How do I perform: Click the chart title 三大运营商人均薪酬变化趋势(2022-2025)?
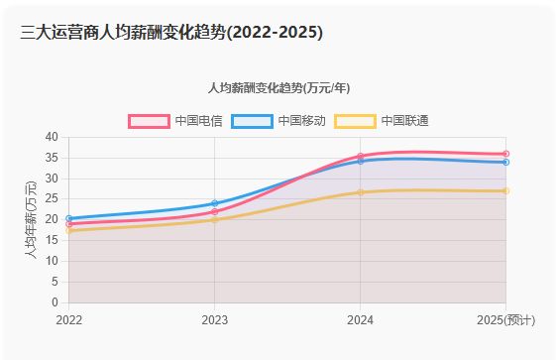pos(171,33)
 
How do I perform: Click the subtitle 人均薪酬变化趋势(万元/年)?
pos(278,88)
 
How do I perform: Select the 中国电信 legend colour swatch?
pos(149,121)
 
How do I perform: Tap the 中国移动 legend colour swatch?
pos(252,121)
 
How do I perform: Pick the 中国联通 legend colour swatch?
pos(355,121)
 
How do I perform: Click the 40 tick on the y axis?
pos(52,137)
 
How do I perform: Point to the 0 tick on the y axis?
pos(55,302)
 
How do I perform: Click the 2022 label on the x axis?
pos(69,319)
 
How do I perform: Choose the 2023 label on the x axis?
pos(214,319)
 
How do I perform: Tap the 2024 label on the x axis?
pos(360,319)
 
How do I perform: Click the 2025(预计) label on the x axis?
pos(505,319)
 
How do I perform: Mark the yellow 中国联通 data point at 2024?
pos(361,192)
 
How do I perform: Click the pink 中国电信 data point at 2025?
pos(505,154)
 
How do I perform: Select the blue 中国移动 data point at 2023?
pos(215,203)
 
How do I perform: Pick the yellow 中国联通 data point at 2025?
pos(505,190)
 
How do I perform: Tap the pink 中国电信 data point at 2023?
pos(215,212)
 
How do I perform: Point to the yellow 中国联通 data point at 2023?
pos(215,220)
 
